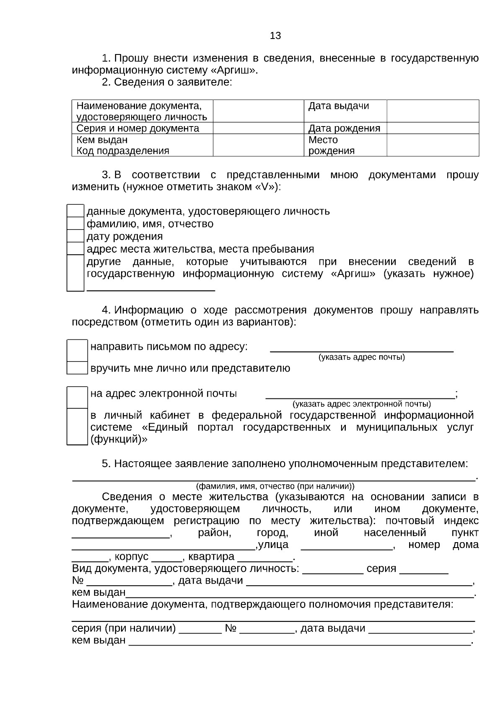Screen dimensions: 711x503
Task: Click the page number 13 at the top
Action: pyautogui.click(x=275, y=36)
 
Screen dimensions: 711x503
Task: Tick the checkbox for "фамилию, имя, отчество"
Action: pyautogui.click(x=75, y=224)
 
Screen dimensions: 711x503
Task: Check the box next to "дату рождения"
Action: pyautogui.click(x=75, y=236)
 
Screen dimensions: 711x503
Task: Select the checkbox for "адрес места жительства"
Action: pyautogui.click(x=75, y=249)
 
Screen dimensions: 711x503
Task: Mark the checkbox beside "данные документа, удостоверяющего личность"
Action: pyautogui.click(x=75, y=211)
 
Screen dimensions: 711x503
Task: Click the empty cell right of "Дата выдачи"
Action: pyautogui.click(x=433, y=111)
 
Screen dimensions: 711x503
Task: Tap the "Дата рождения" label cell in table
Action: pyautogui.click(x=345, y=128)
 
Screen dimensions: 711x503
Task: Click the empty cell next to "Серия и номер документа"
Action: pyautogui.click(x=258, y=128)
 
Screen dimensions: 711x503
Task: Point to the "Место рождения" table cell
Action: pyautogui.click(x=345, y=145)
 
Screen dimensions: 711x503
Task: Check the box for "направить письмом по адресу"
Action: pyautogui.click(x=77, y=351)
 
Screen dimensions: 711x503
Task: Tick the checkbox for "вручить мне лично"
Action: pyautogui.click(x=77, y=368)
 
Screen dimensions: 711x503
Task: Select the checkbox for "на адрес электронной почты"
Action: pyautogui.click(x=77, y=398)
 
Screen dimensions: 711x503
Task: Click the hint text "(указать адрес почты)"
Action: pyautogui.click(x=361, y=357)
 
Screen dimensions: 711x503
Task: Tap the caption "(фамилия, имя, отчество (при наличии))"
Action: pyautogui.click(x=275, y=486)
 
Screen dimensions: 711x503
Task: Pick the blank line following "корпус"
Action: pyautogui.click(x=166, y=557)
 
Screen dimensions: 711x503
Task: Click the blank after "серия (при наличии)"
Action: pyautogui.click(x=200, y=629)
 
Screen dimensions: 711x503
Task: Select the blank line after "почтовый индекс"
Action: pyautogui.click(x=121, y=534)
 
